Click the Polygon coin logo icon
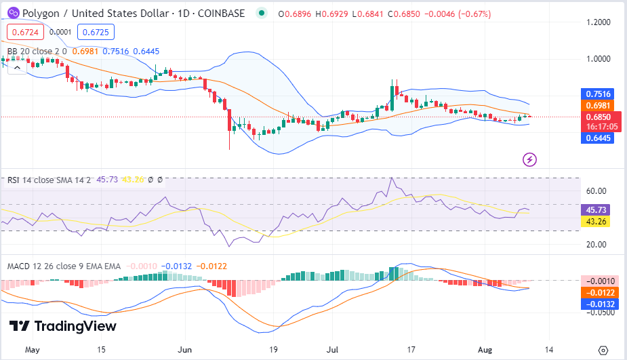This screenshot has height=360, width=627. [12, 13]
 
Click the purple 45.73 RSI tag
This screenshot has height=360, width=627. [597, 210]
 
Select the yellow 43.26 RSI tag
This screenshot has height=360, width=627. [597, 221]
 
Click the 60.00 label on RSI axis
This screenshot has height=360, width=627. [596, 191]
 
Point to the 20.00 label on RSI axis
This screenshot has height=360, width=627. [596, 245]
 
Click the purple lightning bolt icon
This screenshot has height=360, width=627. [530, 160]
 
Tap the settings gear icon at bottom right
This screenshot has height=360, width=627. [603, 350]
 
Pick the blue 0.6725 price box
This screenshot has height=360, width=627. [96, 31]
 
